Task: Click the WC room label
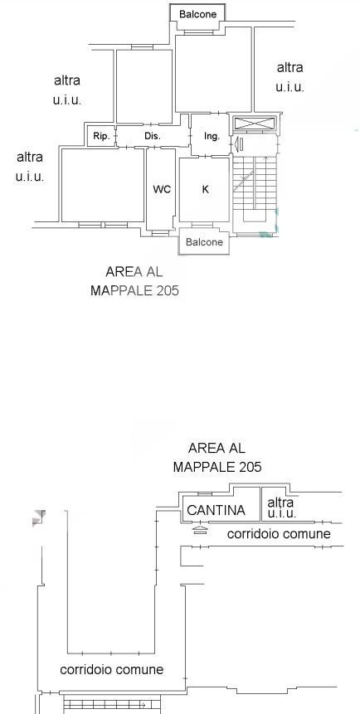[162, 189]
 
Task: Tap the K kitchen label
[205, 189]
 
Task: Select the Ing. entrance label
[212, 136]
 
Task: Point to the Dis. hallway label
[153, 136]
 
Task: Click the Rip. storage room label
[100, 136]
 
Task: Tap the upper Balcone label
[197, 13]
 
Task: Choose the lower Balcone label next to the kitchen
[204, 242]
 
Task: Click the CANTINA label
[216, 510]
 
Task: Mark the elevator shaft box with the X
[255, 123]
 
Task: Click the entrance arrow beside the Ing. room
[239, 145]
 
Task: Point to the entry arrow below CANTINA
[200, 529]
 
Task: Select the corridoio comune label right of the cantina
[279, 533]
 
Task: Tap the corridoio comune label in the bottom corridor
[112, 669]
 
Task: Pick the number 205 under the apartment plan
[168, 290]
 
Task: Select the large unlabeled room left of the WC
[103, 185]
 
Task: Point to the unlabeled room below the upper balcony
[213, 69]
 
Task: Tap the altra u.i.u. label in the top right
[289, 77]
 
